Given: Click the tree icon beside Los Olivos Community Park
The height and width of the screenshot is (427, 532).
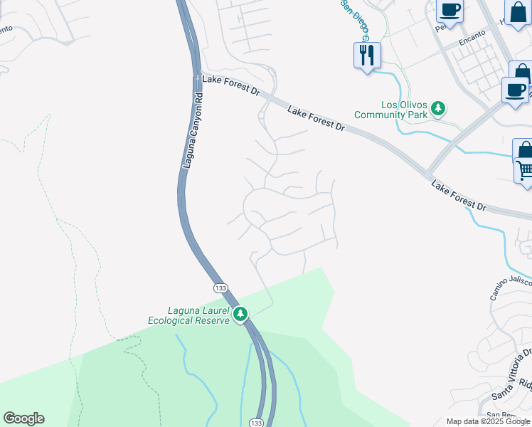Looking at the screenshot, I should point(440,108).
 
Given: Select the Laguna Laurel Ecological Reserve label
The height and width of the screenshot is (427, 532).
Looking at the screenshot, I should point(188,315).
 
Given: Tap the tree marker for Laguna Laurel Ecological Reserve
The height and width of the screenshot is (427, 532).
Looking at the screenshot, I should point(241,313).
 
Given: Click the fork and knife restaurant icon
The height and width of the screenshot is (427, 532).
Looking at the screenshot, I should point(367,54).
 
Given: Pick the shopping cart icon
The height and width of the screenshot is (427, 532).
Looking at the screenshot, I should point(525,170).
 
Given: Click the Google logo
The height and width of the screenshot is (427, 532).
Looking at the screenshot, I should point(23,418).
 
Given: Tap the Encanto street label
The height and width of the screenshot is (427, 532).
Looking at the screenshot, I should point(472,36).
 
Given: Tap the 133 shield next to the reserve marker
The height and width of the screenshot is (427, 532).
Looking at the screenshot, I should point(220,287).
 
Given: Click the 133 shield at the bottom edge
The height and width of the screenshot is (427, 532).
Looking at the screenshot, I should point(257,422).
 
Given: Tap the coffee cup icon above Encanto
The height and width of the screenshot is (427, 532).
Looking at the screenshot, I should point(449,11).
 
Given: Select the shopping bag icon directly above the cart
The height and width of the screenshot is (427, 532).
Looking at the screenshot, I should point(525,150).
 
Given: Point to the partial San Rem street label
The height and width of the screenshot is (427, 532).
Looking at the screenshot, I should point(500,415).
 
